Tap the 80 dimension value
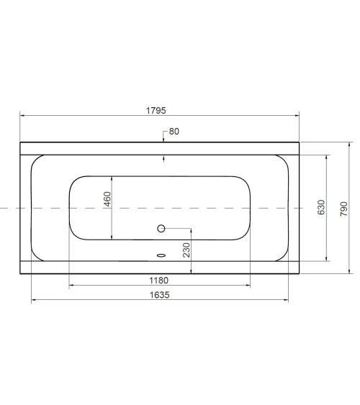click(174, 132)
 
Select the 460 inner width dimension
click(107, 200)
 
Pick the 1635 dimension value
click(159, 293)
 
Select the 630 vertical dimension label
click(321, 208)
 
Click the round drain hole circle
click(161, 229)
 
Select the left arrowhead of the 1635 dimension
click(34, 299)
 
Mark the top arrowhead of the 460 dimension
click(112, 178)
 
